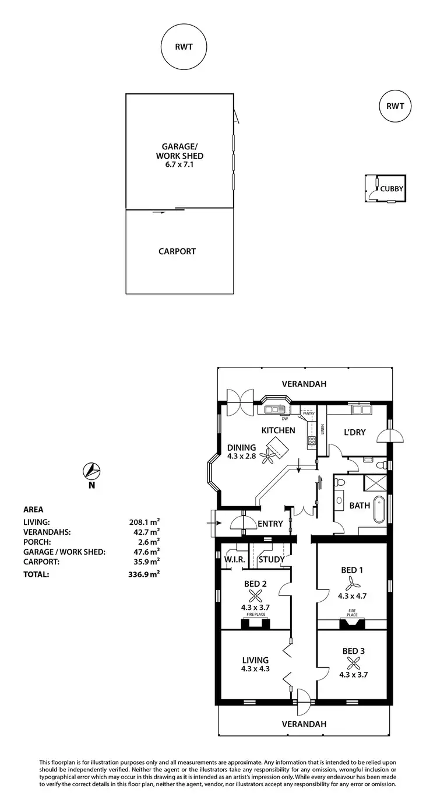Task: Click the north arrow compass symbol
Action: tap(92, 469)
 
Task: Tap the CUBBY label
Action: tap(392, 188)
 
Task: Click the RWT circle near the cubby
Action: tap(395, 106)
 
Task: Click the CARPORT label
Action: tap(177, 252)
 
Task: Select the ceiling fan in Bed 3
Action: tap(353, 662)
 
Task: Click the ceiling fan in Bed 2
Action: tap(255, 595)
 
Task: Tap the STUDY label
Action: tap(271, 560)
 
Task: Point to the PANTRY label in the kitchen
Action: tap(308, 413)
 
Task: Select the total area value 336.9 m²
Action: tap(145, 574)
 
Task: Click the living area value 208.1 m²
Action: tap(145, 523)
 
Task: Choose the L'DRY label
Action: tap(354, 432)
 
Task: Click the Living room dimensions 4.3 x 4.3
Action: tap(256, 669)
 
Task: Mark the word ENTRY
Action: tap(269, 524)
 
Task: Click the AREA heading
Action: tap(33, 509)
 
